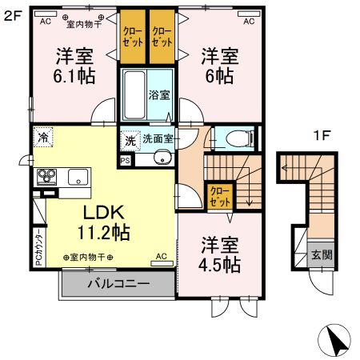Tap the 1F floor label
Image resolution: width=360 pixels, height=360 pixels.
322,136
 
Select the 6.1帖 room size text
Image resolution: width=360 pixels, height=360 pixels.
74,76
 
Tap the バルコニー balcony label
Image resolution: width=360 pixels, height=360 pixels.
118,284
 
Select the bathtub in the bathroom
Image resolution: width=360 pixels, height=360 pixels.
134,94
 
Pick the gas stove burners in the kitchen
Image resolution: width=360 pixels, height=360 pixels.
45,176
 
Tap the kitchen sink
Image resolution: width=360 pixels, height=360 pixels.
78,176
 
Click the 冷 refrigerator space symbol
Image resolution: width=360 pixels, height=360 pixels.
42,138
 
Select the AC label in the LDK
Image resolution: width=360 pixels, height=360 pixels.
161,256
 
